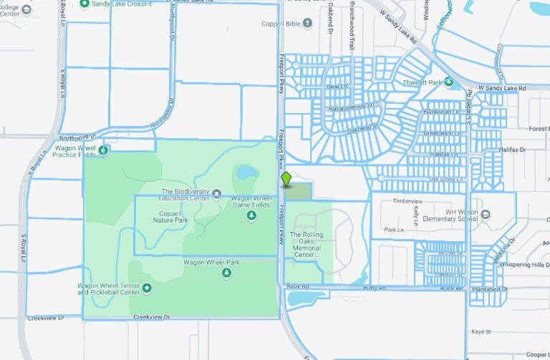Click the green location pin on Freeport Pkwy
(286, 179)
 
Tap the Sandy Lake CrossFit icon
(85, 4)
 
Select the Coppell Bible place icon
(308, 23)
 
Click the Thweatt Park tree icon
(450, 83)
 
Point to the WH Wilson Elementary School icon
(486, 214)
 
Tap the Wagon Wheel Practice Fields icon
(103, 150)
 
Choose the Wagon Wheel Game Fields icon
(251, 215)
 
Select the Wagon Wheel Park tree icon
(227, 273)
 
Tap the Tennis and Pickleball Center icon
(147, 288)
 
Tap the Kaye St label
(481, 332)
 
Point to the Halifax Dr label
(512, 150)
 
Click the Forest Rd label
(539, 129)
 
